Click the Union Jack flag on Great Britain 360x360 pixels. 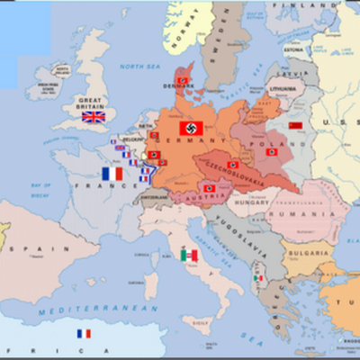pos(93,116)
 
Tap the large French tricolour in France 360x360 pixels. pos(112,173)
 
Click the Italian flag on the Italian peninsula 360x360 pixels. pos(189,256)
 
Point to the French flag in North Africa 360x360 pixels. pos(84,334)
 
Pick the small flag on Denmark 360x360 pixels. pos(184,80)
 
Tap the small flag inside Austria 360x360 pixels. pos(209,187)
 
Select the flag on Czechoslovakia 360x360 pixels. pos(233,165)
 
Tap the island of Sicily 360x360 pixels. pos(209,318)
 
